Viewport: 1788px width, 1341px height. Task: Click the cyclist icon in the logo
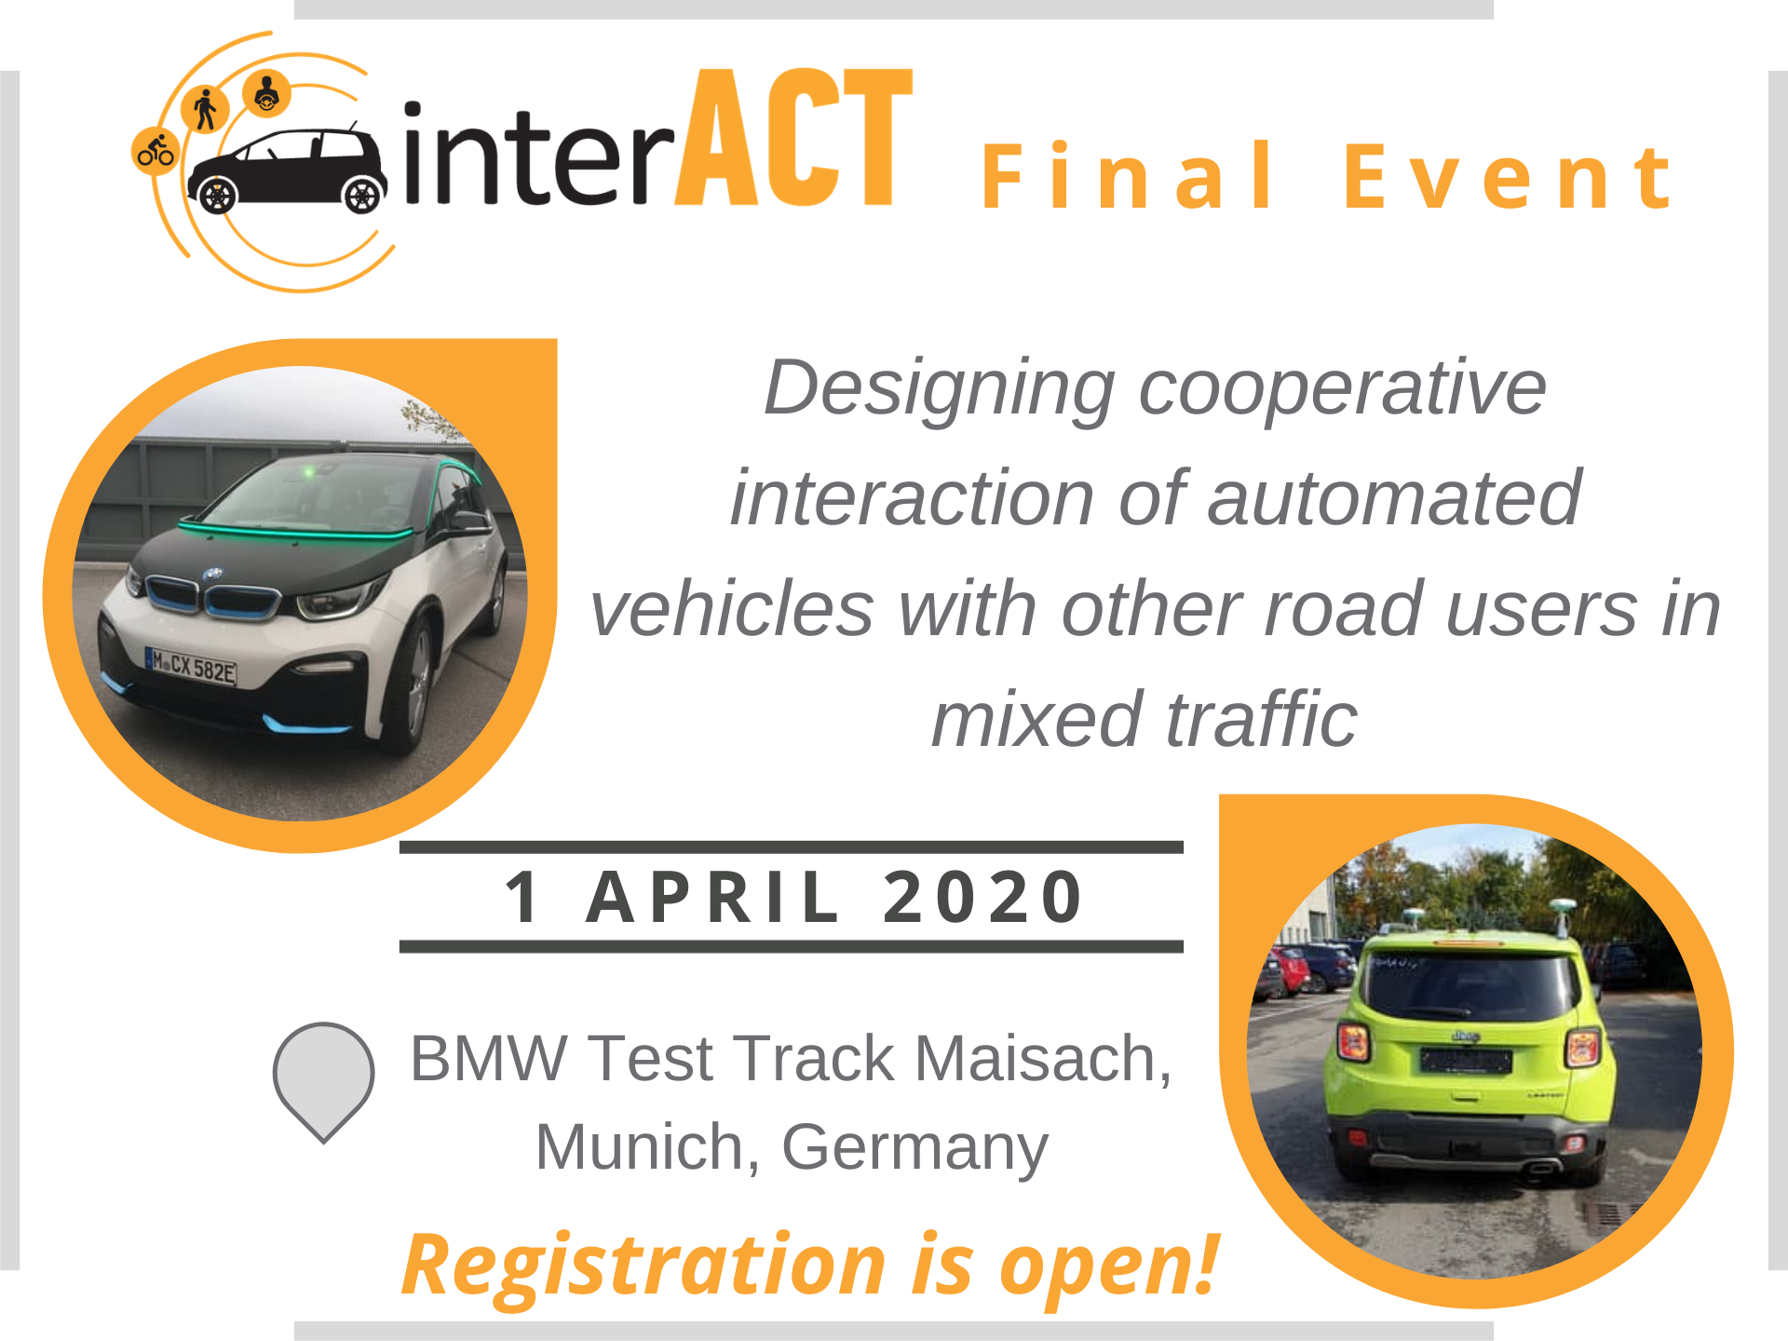coord(156,152)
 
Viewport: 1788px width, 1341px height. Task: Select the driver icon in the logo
coord(267,93)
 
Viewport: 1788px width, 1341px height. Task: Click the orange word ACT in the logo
coord(793,137)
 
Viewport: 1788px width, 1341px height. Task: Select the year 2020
coord(983,897)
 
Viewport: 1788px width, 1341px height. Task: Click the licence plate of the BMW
coord(191,666)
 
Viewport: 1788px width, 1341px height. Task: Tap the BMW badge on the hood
coord(213,574)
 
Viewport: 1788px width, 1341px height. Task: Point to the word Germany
coord(914,1148)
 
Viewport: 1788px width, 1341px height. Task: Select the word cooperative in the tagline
coord(1342,388)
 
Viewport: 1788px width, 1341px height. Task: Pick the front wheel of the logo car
coord(361,195)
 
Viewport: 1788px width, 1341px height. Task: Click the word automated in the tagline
coord(1394,498)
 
